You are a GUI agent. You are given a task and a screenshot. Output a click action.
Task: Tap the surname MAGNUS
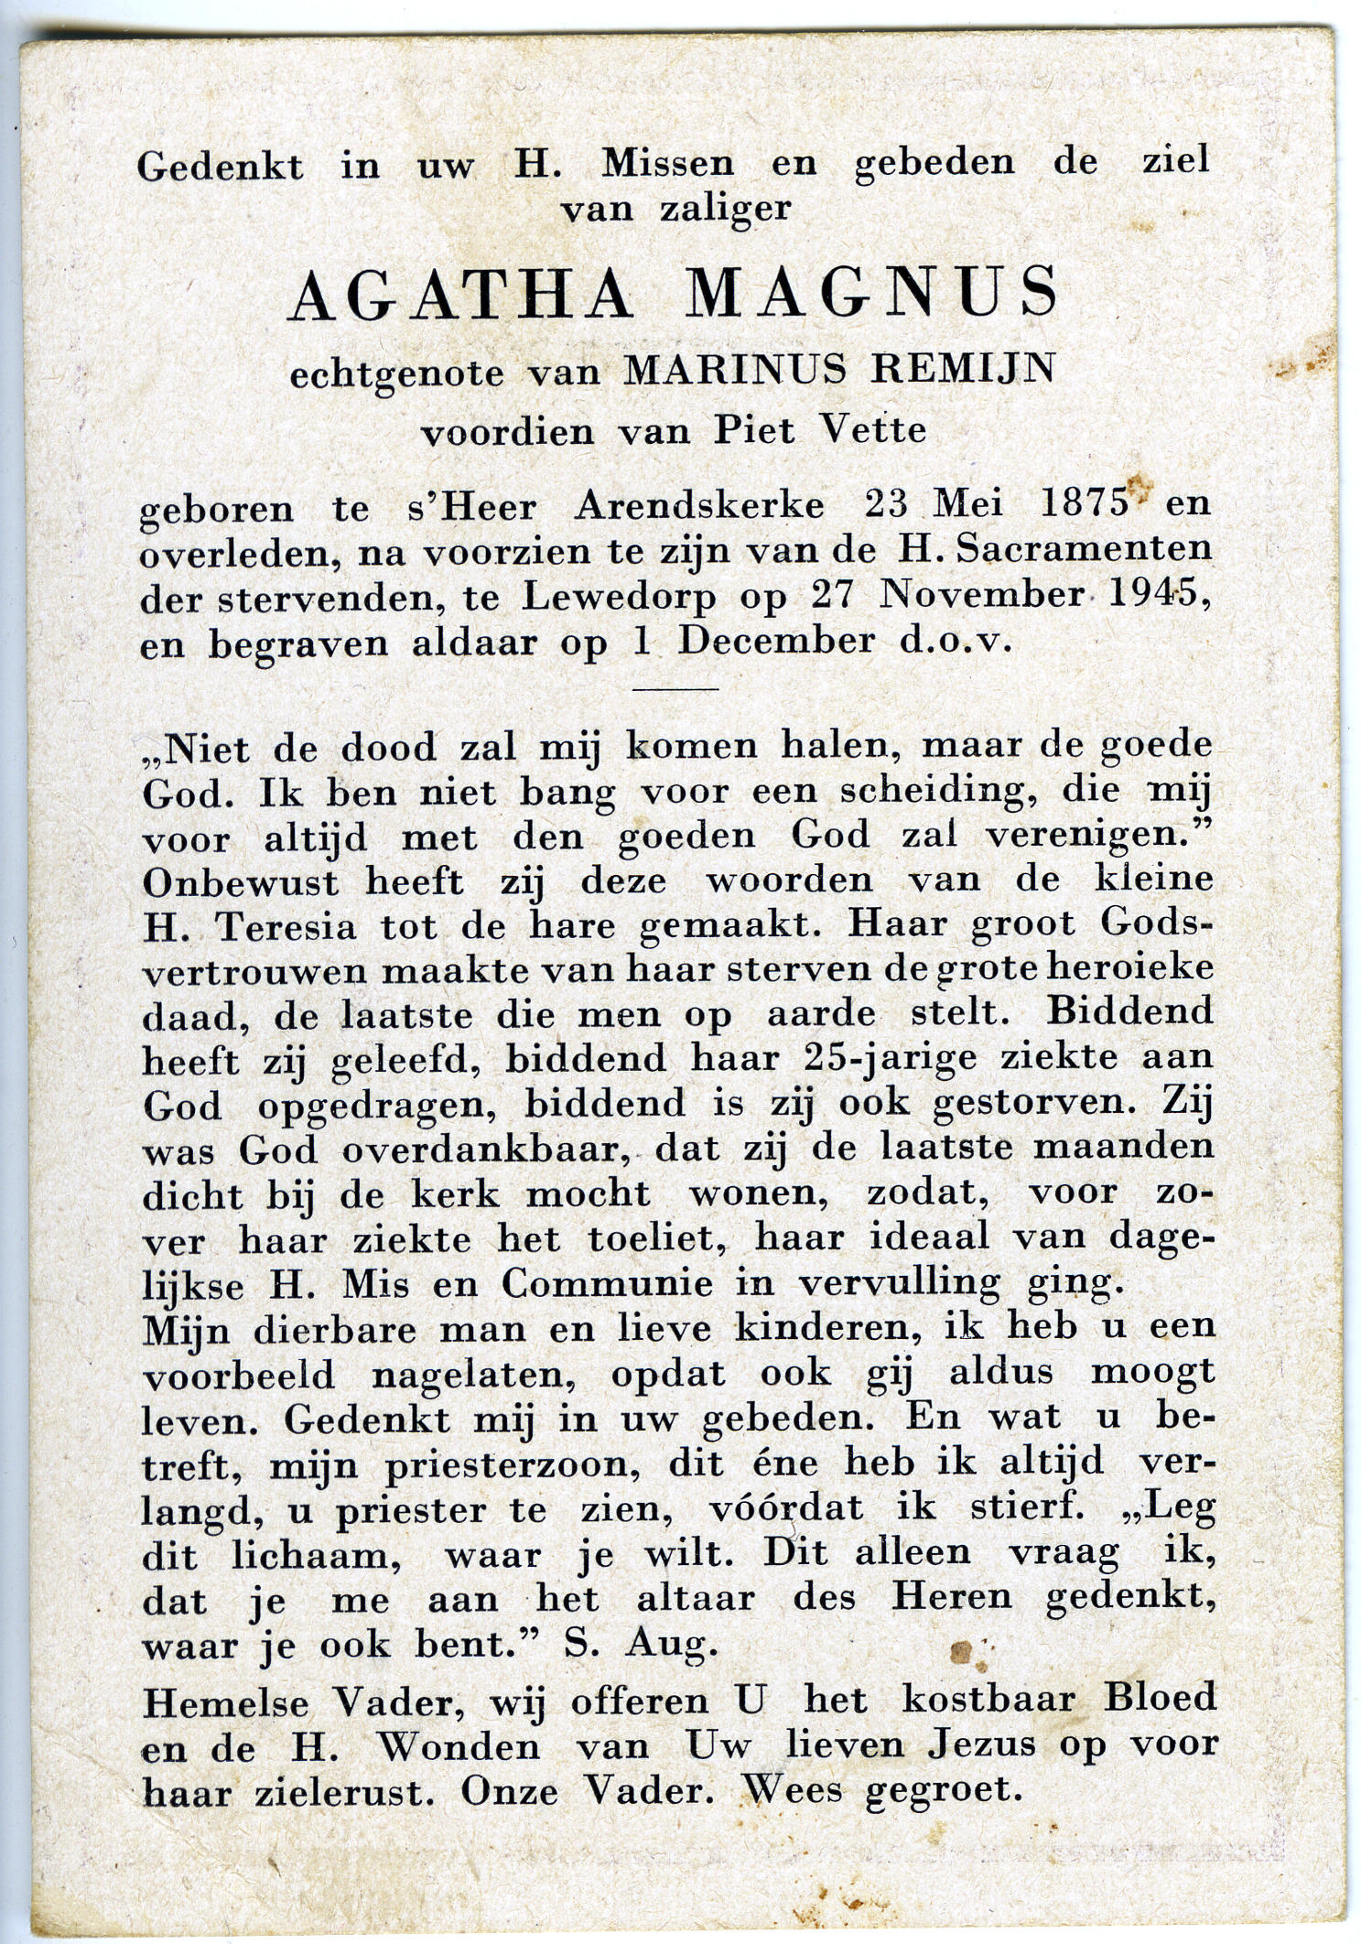872,295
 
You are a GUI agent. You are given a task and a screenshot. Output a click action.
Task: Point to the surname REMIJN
962,369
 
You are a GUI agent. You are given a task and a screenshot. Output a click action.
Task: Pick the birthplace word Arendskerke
698,505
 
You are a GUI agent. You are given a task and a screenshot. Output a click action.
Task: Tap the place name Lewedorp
619,597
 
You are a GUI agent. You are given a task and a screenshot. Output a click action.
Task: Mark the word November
981,595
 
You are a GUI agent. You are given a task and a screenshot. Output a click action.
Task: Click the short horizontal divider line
675,687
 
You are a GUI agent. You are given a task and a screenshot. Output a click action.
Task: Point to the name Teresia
285,926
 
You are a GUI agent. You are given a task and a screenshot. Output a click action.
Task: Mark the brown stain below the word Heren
962,1651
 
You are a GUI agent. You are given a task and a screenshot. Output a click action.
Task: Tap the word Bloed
1160,1698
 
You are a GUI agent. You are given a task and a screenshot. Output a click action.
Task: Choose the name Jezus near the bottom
981,1745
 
